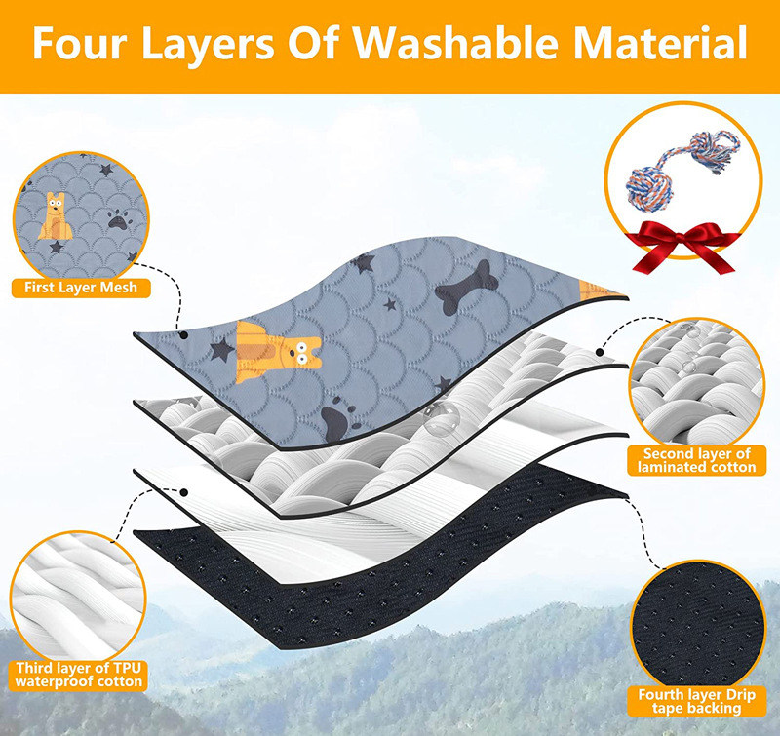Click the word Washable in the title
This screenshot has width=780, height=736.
pos(455,43)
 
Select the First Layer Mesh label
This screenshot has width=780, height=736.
pos(81,288)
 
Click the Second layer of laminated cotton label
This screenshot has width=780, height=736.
pos(696,460)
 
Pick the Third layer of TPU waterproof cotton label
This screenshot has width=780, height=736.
pos(79,675)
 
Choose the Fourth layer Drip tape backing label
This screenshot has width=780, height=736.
pos(696,701)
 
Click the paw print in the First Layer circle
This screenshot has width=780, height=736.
pos(118,218)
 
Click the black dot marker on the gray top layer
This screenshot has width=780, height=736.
pos(183,335)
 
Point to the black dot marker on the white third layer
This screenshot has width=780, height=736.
pos(183,492)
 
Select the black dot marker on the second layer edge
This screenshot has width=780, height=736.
pos(600,352)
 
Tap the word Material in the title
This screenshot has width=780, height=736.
pos(660,43)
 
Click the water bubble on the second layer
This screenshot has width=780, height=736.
pos(442,420)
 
